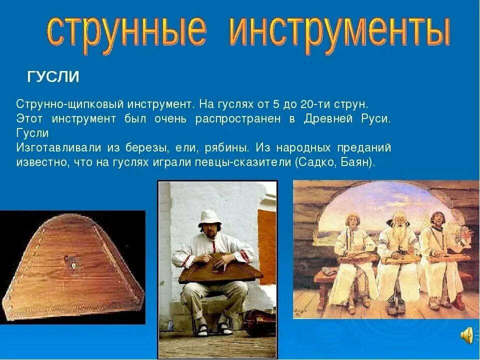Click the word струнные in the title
tap(127, 31)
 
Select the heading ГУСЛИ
tap(53, 76)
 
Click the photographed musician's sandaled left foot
tap(225, 328)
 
